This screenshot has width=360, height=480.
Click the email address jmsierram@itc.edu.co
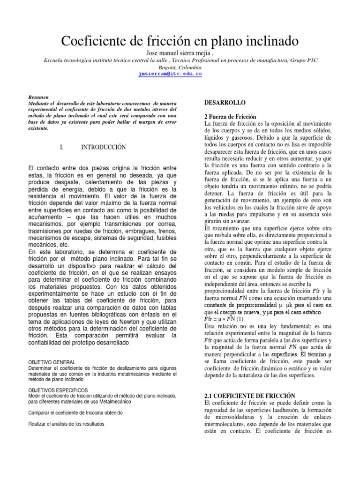pyautogui.click(x=170, y=74)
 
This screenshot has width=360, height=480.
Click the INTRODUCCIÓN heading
pyautogui.click(x=104, y=147)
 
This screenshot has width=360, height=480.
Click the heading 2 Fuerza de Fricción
pyautogui.click(x=231, y=116)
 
